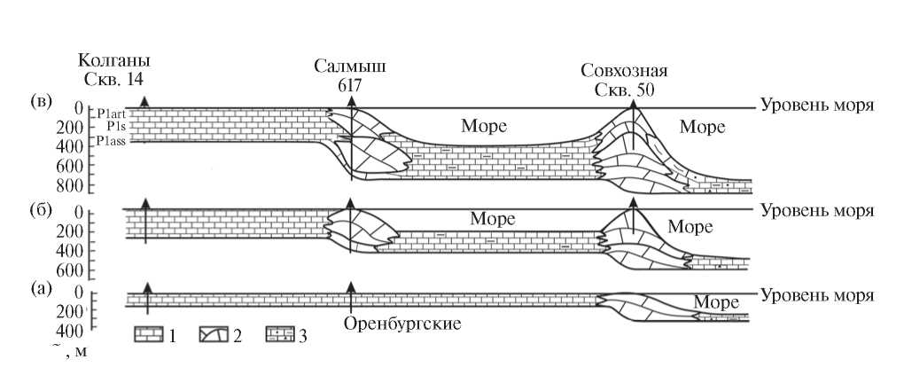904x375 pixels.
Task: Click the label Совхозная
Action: tap(624, 71)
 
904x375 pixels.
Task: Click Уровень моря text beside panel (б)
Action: tap(818, 210)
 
